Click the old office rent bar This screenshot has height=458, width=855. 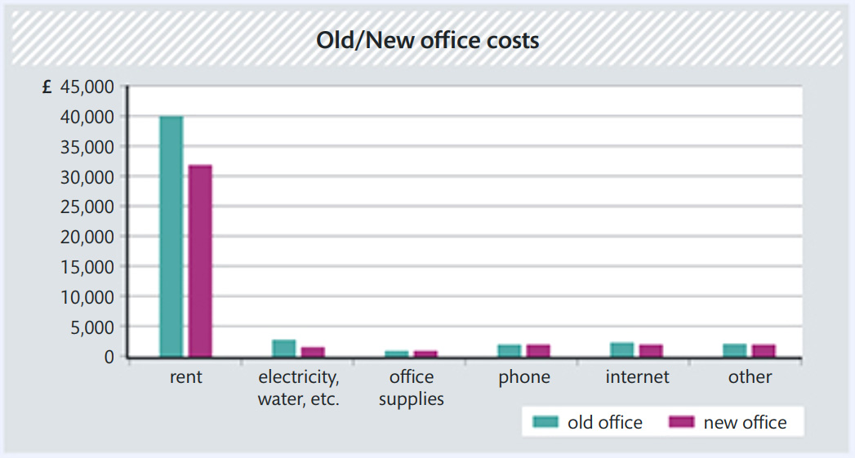tap(171, 236)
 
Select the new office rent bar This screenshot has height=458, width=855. tap(200, 260)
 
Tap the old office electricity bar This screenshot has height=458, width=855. tap(284, 349)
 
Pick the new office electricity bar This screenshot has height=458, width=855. tap(313, 352)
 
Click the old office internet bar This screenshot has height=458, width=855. tap(621, 349)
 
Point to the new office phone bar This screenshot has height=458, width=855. tap(538, 350)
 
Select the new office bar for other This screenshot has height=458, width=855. tap(763, 350)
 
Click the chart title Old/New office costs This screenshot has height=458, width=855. tap(428, 40)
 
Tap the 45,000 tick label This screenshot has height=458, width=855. tap(86, 87)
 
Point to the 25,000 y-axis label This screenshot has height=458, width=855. tap(86, 207)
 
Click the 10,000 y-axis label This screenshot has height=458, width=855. tap(86, 296)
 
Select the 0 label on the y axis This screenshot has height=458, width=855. tap(109, 357)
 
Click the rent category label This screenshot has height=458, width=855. tap(186, 377)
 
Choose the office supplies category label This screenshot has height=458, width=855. tap(412, 388)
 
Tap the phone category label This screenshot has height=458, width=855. tap(524, 377)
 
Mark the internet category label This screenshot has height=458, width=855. tap(637, 377)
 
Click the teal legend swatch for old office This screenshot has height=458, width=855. tap(546, 422)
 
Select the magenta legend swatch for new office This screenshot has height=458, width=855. tap(681, 422)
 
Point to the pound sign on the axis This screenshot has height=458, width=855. tap(47, 87)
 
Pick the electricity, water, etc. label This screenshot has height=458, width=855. tap(299, 388)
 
